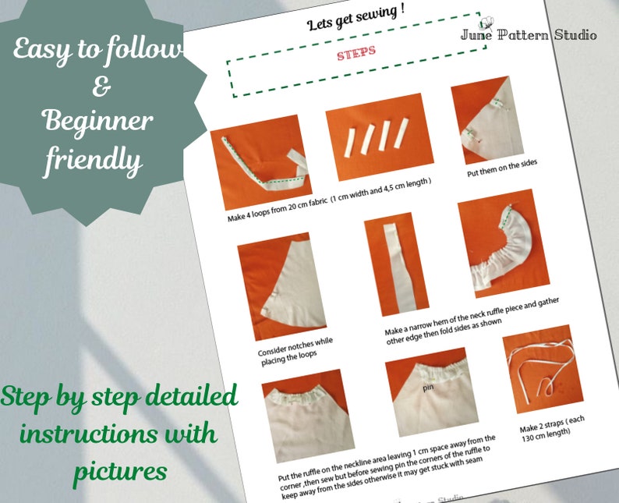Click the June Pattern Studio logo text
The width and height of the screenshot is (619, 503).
[528, 34]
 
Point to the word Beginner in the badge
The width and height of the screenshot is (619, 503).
[97, 121]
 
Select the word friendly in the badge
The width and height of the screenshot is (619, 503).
[94, 160]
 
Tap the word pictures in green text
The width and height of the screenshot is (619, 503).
[120, 470]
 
